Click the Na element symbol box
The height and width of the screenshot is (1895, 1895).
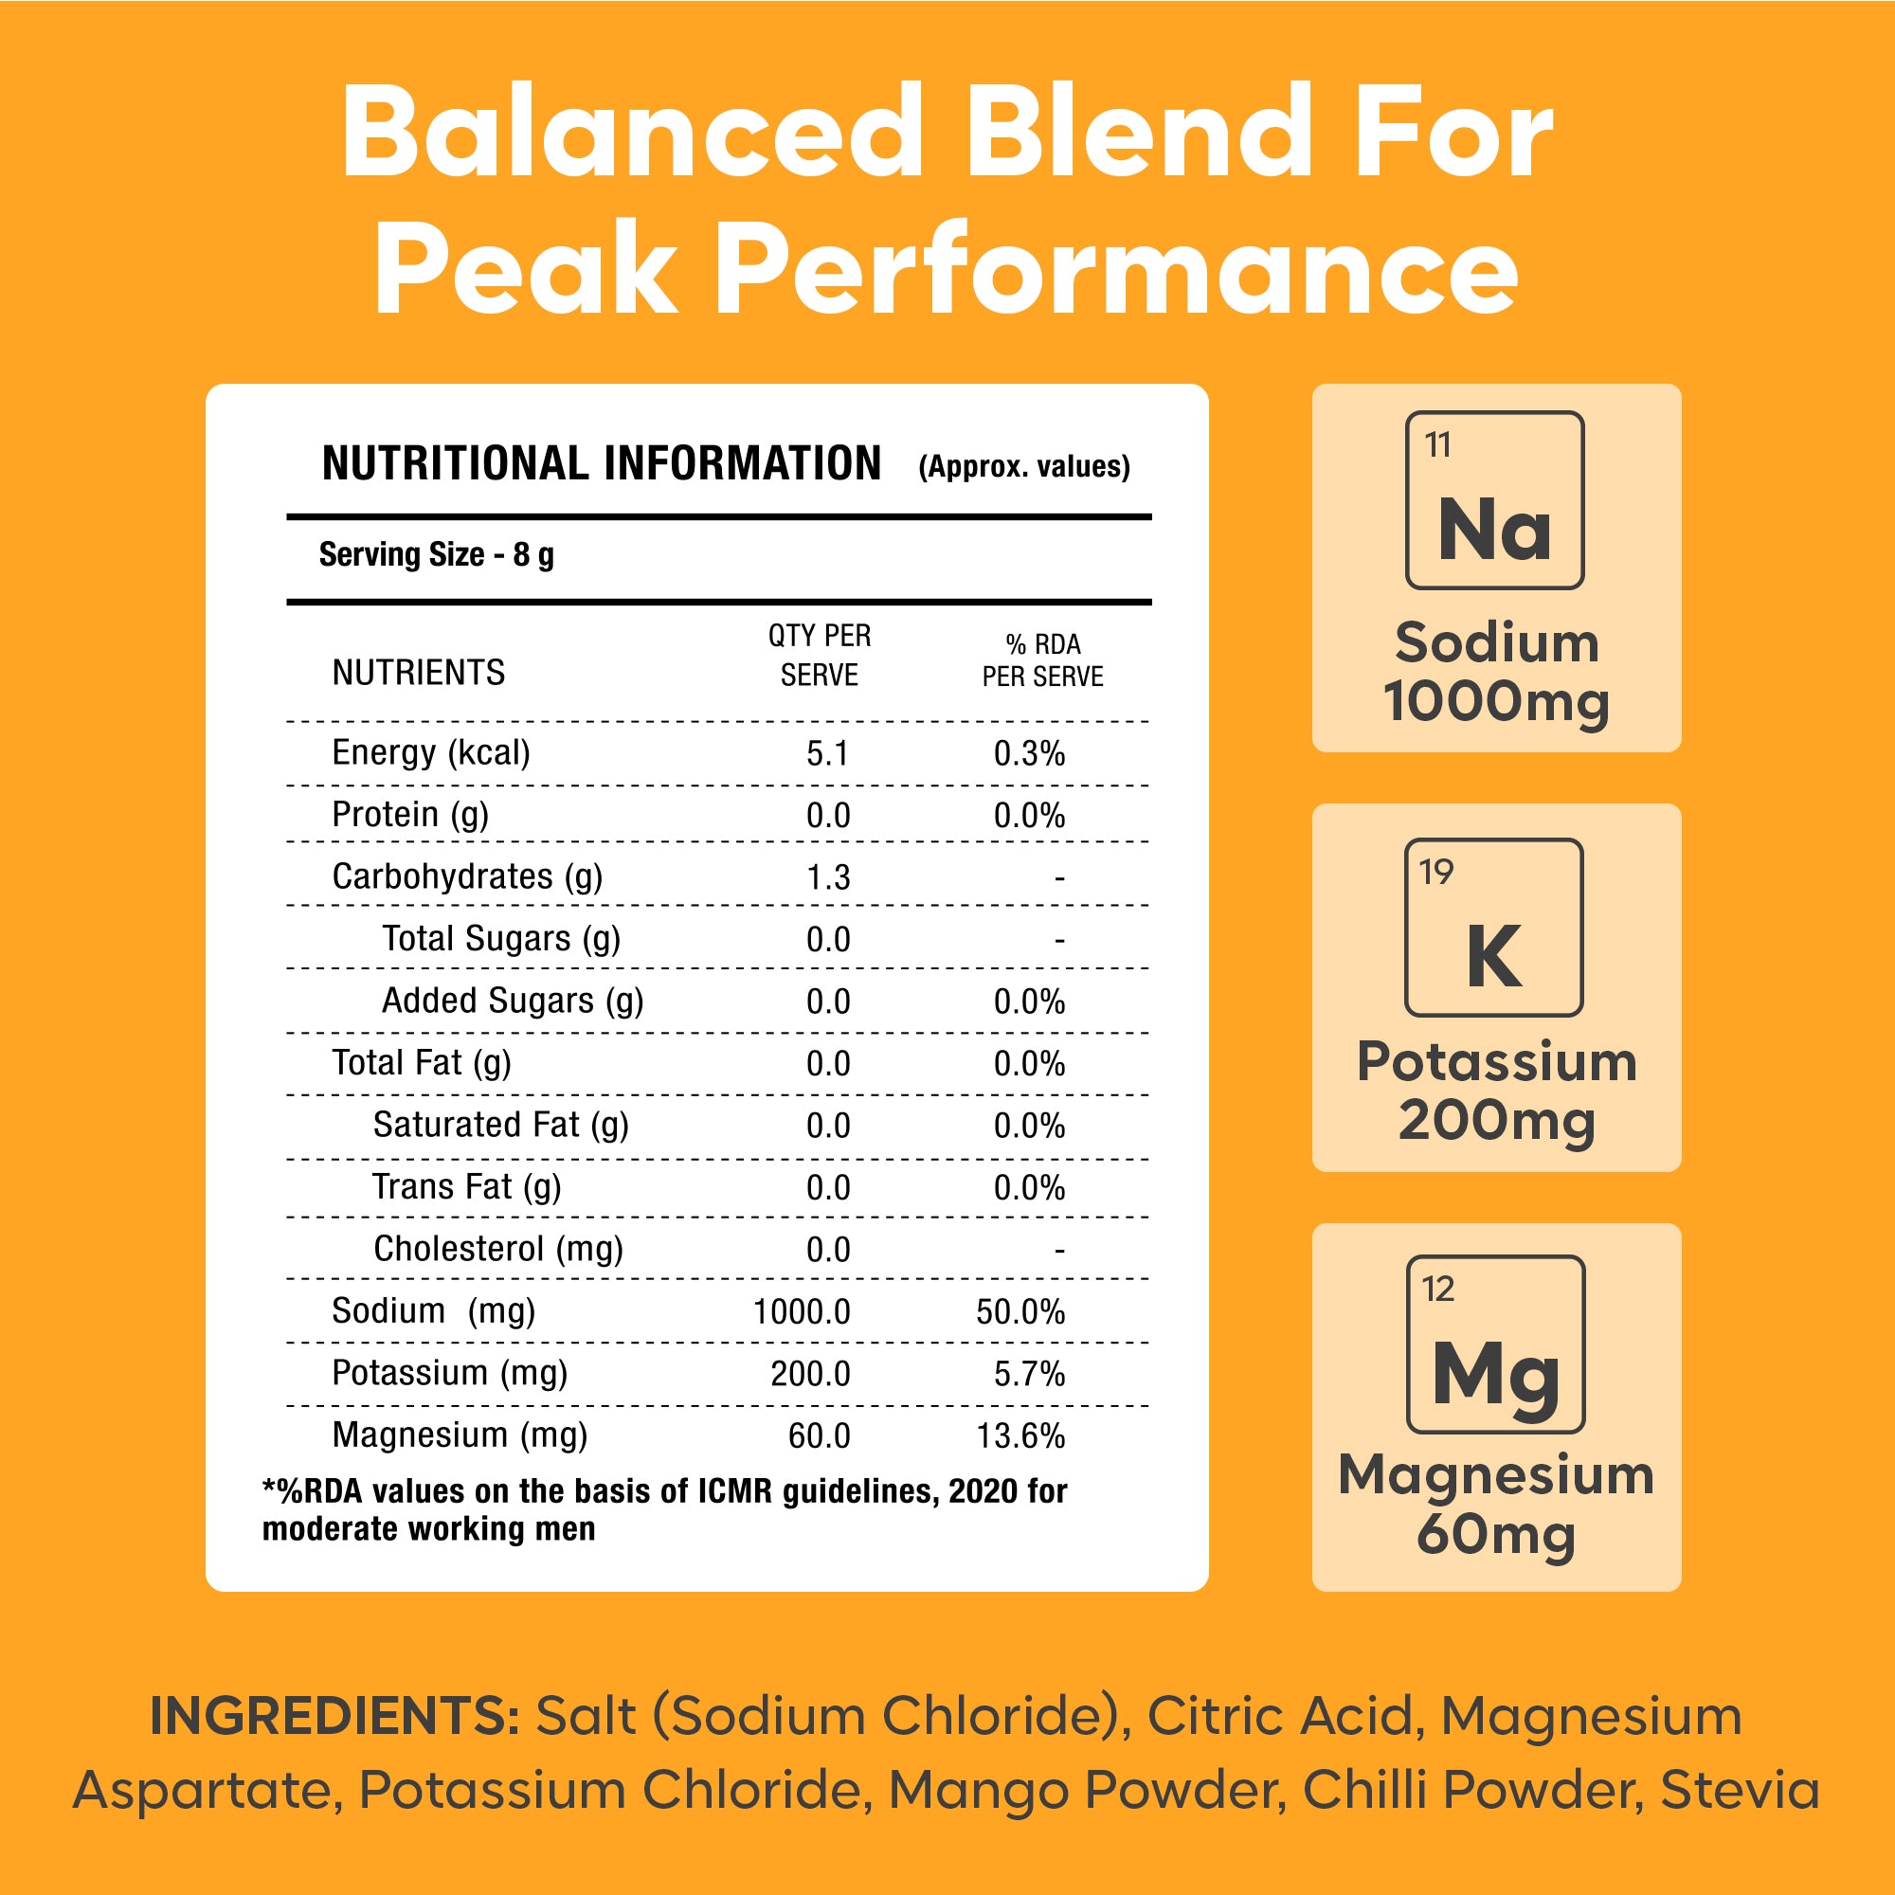pos(1494,500)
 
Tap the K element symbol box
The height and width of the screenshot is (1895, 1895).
pos(1494,927)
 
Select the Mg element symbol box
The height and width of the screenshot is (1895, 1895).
pos(1495,1345)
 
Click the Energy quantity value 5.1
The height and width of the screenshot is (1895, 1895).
pos(827,753)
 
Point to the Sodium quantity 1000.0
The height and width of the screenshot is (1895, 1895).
pos(802,1311)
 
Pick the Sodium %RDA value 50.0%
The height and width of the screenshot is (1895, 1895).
pos(1020,1311)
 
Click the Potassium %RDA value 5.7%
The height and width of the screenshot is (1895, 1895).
pos(1029,1373)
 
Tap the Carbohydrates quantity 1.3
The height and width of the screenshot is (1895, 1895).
pos(828,876)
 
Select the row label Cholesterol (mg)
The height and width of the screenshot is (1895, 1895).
pos(498,1249)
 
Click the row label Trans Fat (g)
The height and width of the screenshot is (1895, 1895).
pos(466,1187)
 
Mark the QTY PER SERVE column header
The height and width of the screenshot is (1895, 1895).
pos(819,656)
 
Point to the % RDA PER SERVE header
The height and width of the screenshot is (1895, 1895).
pos(1042,660)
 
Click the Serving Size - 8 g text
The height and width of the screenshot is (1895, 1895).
pos(437,555)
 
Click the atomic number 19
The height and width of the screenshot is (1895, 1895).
pos(1436,871)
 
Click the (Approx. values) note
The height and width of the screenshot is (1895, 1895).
pos(1024,466)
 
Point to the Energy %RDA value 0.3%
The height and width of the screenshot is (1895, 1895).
pos(1029,753)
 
